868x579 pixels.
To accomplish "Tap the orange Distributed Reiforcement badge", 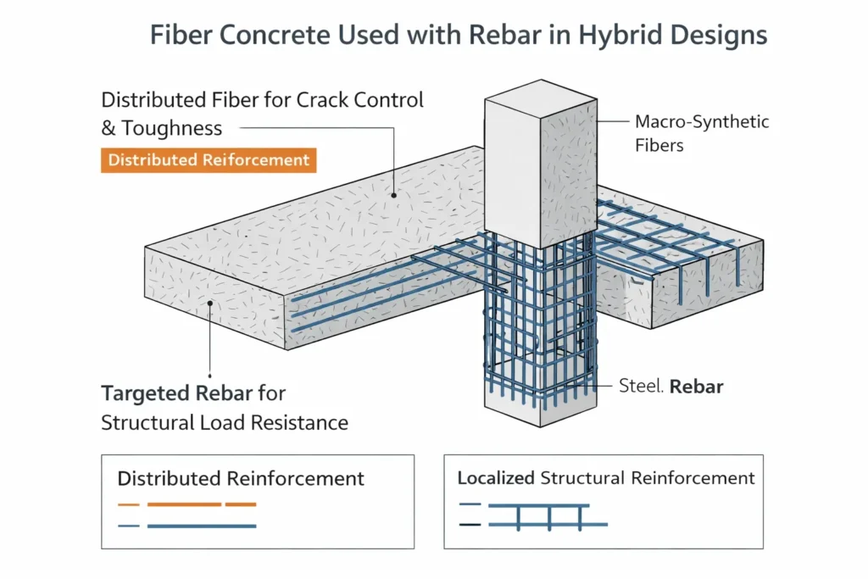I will tap(209, 160).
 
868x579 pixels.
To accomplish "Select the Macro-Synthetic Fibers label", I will tap(702, 133).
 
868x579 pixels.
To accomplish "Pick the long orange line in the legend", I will tap(185, 504).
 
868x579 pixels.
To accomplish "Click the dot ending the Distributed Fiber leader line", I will tap(393, 194).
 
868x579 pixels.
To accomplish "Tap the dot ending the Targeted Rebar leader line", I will tap(210, 301).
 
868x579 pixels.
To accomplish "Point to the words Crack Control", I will tap(360, 99).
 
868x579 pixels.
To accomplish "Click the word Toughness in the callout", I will tap(172, 128).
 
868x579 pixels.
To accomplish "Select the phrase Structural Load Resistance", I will tap(225, 422).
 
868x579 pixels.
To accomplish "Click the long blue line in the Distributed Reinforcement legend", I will tap(202, 526).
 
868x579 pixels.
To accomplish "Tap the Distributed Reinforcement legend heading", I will tap(241, 478).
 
